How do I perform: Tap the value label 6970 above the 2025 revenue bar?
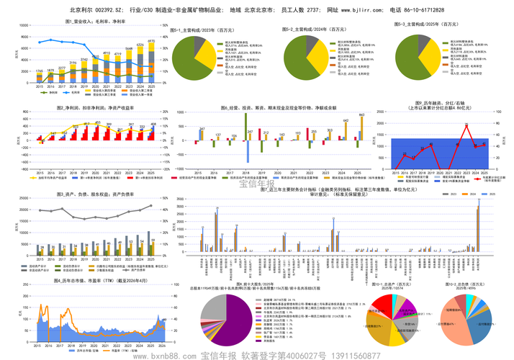151,41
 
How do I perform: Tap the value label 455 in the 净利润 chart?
151,125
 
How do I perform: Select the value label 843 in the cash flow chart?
362,115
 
